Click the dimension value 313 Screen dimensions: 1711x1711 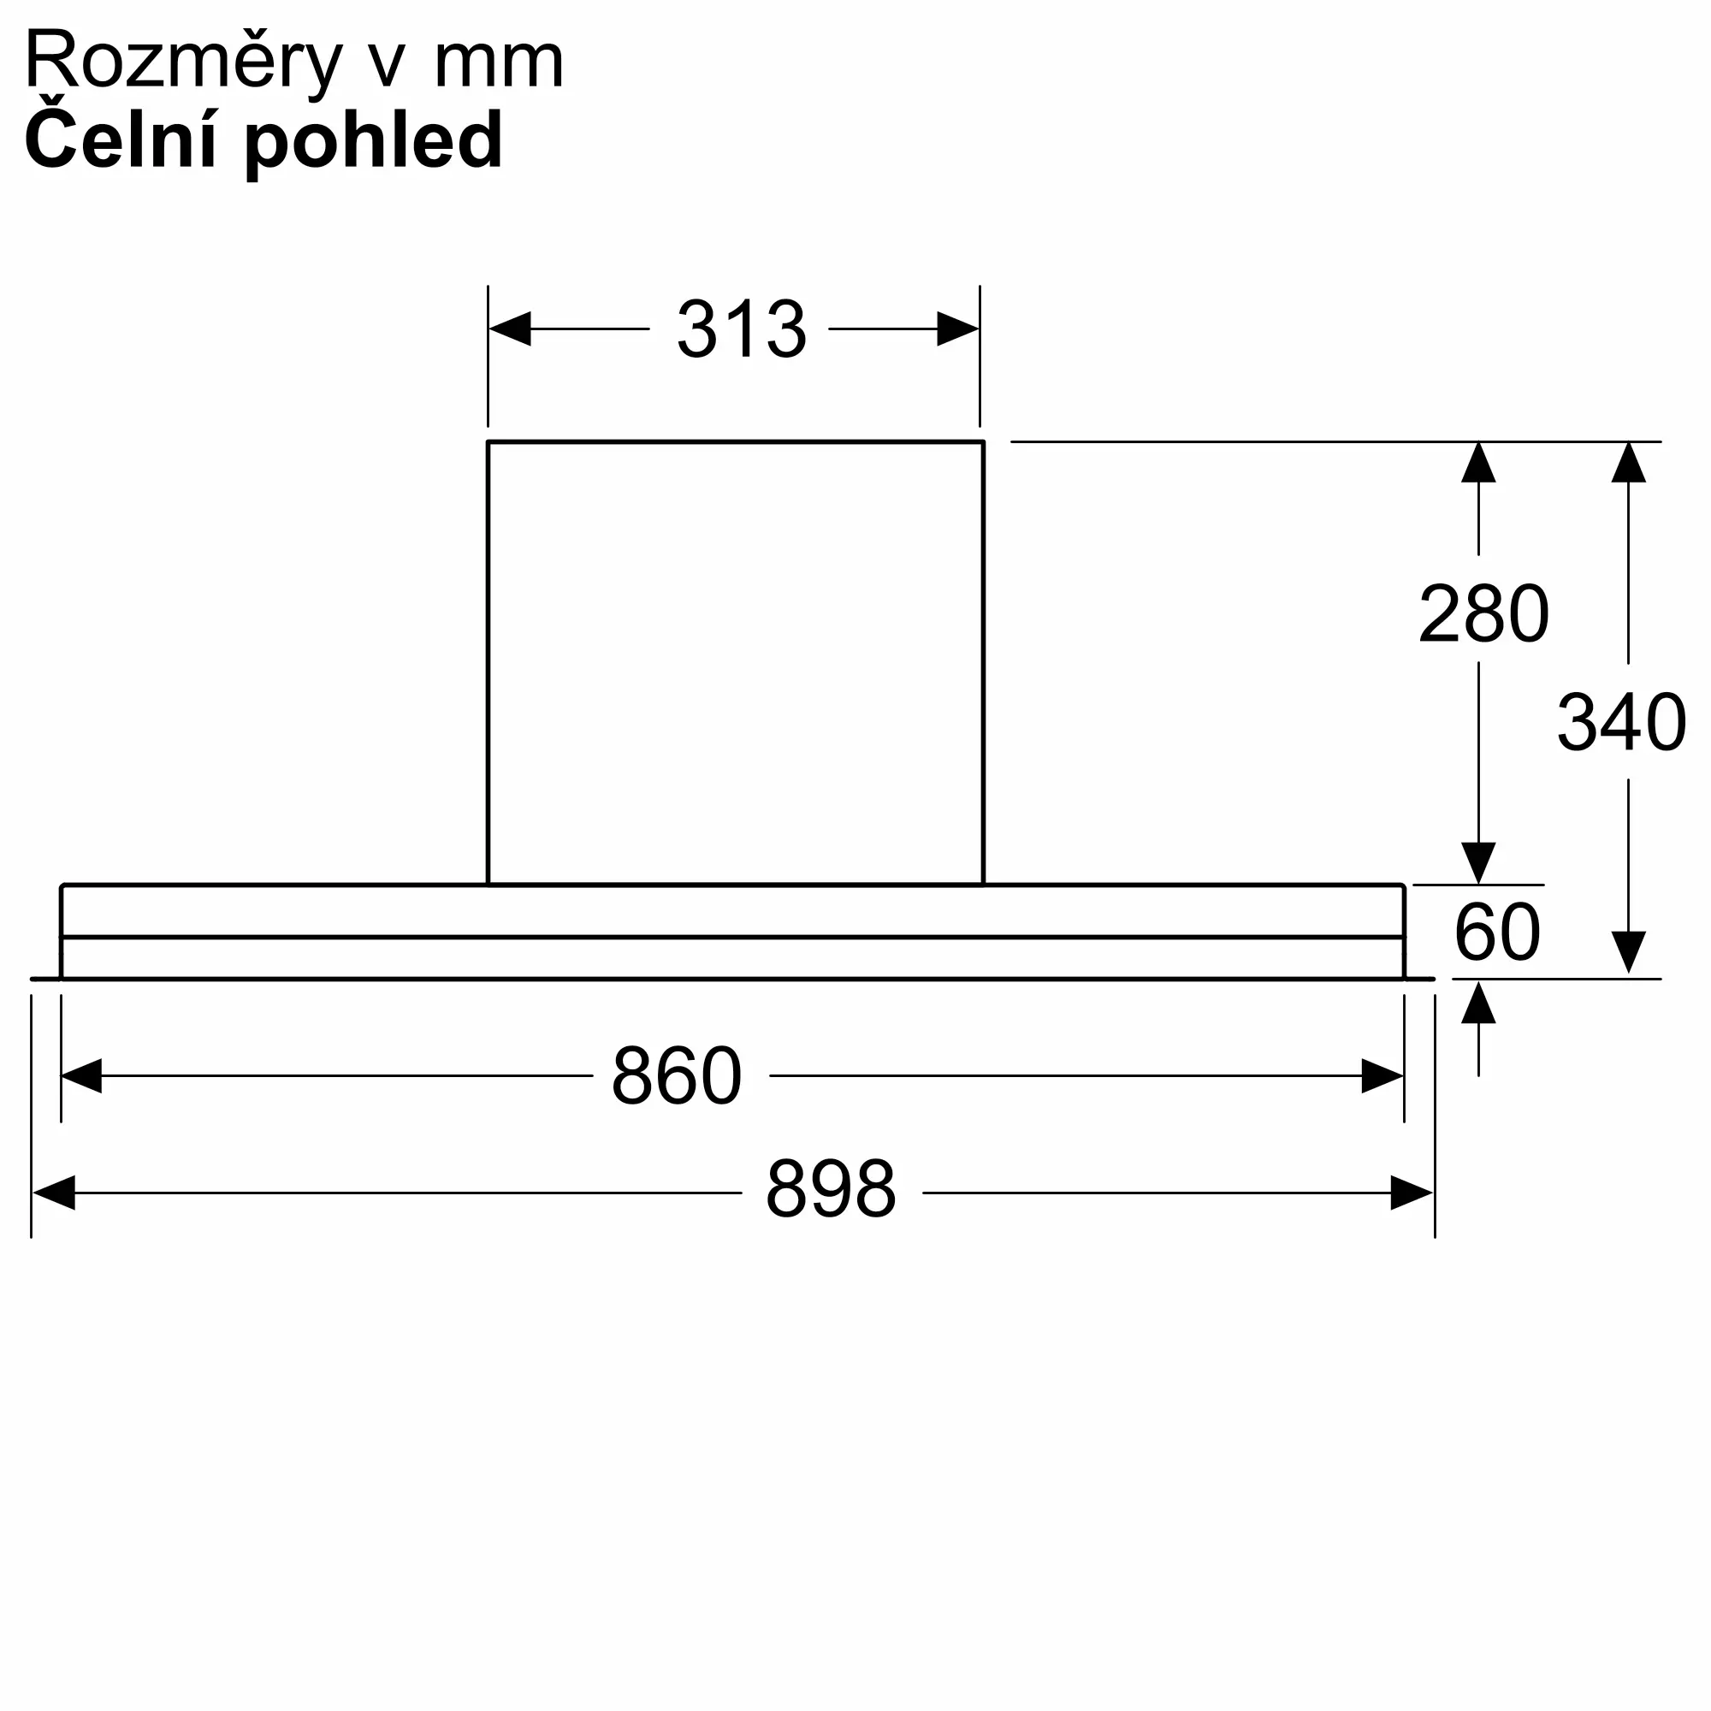tap(741, 329)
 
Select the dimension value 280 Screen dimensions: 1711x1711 tap(1483, 613)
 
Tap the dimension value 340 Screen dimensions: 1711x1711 tap(1620, 723)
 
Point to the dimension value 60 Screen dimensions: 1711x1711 tap(1496, 932)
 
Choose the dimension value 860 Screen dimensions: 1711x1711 tap(677, 1075)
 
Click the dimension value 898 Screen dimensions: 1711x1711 tap(831, 1188)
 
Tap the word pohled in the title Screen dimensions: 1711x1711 tap(373, 142)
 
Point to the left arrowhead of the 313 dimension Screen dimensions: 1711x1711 tap(510, 329)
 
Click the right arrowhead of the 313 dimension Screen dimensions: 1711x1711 tap(958, 329)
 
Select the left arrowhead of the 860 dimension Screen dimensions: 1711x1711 tap(81, 1076)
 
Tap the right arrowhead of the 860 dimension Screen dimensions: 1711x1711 tap(1382, 1076)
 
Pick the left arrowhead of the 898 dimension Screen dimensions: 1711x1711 tap(53, 1192)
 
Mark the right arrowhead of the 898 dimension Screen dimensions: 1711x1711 tap(1412, 1192)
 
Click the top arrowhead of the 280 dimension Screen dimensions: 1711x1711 tap(1478, 462)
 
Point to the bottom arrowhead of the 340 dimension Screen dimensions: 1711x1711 tap(1629, 952)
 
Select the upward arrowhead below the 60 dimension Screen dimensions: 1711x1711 tap(1478, 1003)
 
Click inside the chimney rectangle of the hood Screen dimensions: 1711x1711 tap(735, 662)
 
